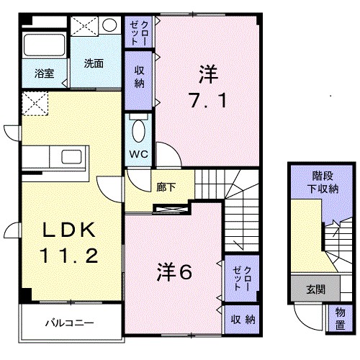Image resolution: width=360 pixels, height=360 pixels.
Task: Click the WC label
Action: tap(139, 154)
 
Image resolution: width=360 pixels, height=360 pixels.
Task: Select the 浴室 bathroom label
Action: tap(45, 73)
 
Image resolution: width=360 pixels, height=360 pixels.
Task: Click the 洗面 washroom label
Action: tap(94, 63)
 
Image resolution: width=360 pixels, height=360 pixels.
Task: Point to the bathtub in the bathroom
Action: tap(45, 45)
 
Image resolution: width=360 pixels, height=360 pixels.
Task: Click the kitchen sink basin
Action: tap(73, 157)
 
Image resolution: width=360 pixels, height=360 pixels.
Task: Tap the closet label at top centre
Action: tap(140, 32)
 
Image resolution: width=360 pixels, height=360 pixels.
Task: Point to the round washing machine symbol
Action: tap(109, 25)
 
